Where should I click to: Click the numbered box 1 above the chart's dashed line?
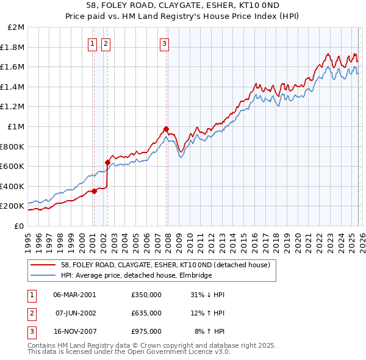(92, 43)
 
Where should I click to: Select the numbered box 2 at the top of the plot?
(106, 43)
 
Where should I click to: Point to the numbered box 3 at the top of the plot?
(165, 43)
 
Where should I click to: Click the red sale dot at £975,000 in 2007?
(166, 129)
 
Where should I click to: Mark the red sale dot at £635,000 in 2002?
(107, 162)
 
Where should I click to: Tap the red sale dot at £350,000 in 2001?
(94, 191)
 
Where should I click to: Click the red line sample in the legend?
(43, 265)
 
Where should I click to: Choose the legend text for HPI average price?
(136, 276)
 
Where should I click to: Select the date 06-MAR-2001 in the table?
(74, 295)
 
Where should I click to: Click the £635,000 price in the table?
(146, 313)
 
